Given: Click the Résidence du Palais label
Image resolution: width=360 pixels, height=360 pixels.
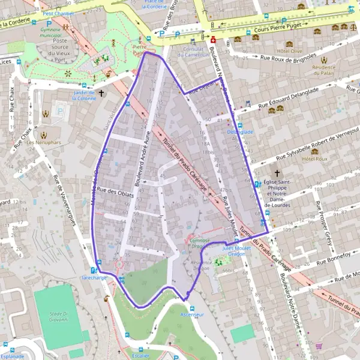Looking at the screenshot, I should [x=325, y=71].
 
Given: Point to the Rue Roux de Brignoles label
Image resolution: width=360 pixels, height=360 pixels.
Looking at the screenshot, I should [x=287, y=58].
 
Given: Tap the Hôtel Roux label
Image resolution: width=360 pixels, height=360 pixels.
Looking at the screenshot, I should [x=313, y=159].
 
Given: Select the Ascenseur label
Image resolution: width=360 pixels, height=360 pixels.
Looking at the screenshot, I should [x=192, y=314].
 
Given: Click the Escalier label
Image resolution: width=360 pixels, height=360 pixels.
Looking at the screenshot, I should [x=140, y=355].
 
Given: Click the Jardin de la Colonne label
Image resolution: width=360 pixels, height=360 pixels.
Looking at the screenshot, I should [x=84, y=95].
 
